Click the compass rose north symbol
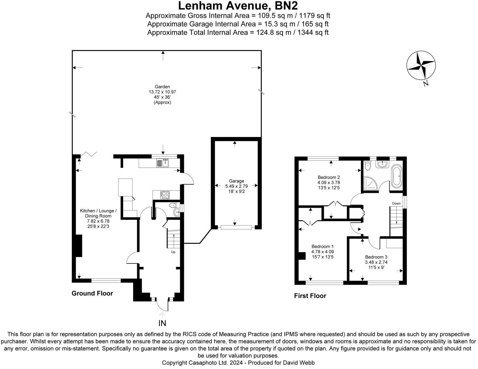421,66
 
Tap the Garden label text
162,87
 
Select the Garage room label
236,181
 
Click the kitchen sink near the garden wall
163,163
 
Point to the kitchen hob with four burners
165,195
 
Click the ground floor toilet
172,205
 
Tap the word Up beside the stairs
173,252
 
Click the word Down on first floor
396,203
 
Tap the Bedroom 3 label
376,257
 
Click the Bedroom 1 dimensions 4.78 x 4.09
322,252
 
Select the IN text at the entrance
162,323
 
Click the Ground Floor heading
92,293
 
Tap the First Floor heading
310,296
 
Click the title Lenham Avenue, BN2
238,5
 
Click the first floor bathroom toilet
368,165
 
